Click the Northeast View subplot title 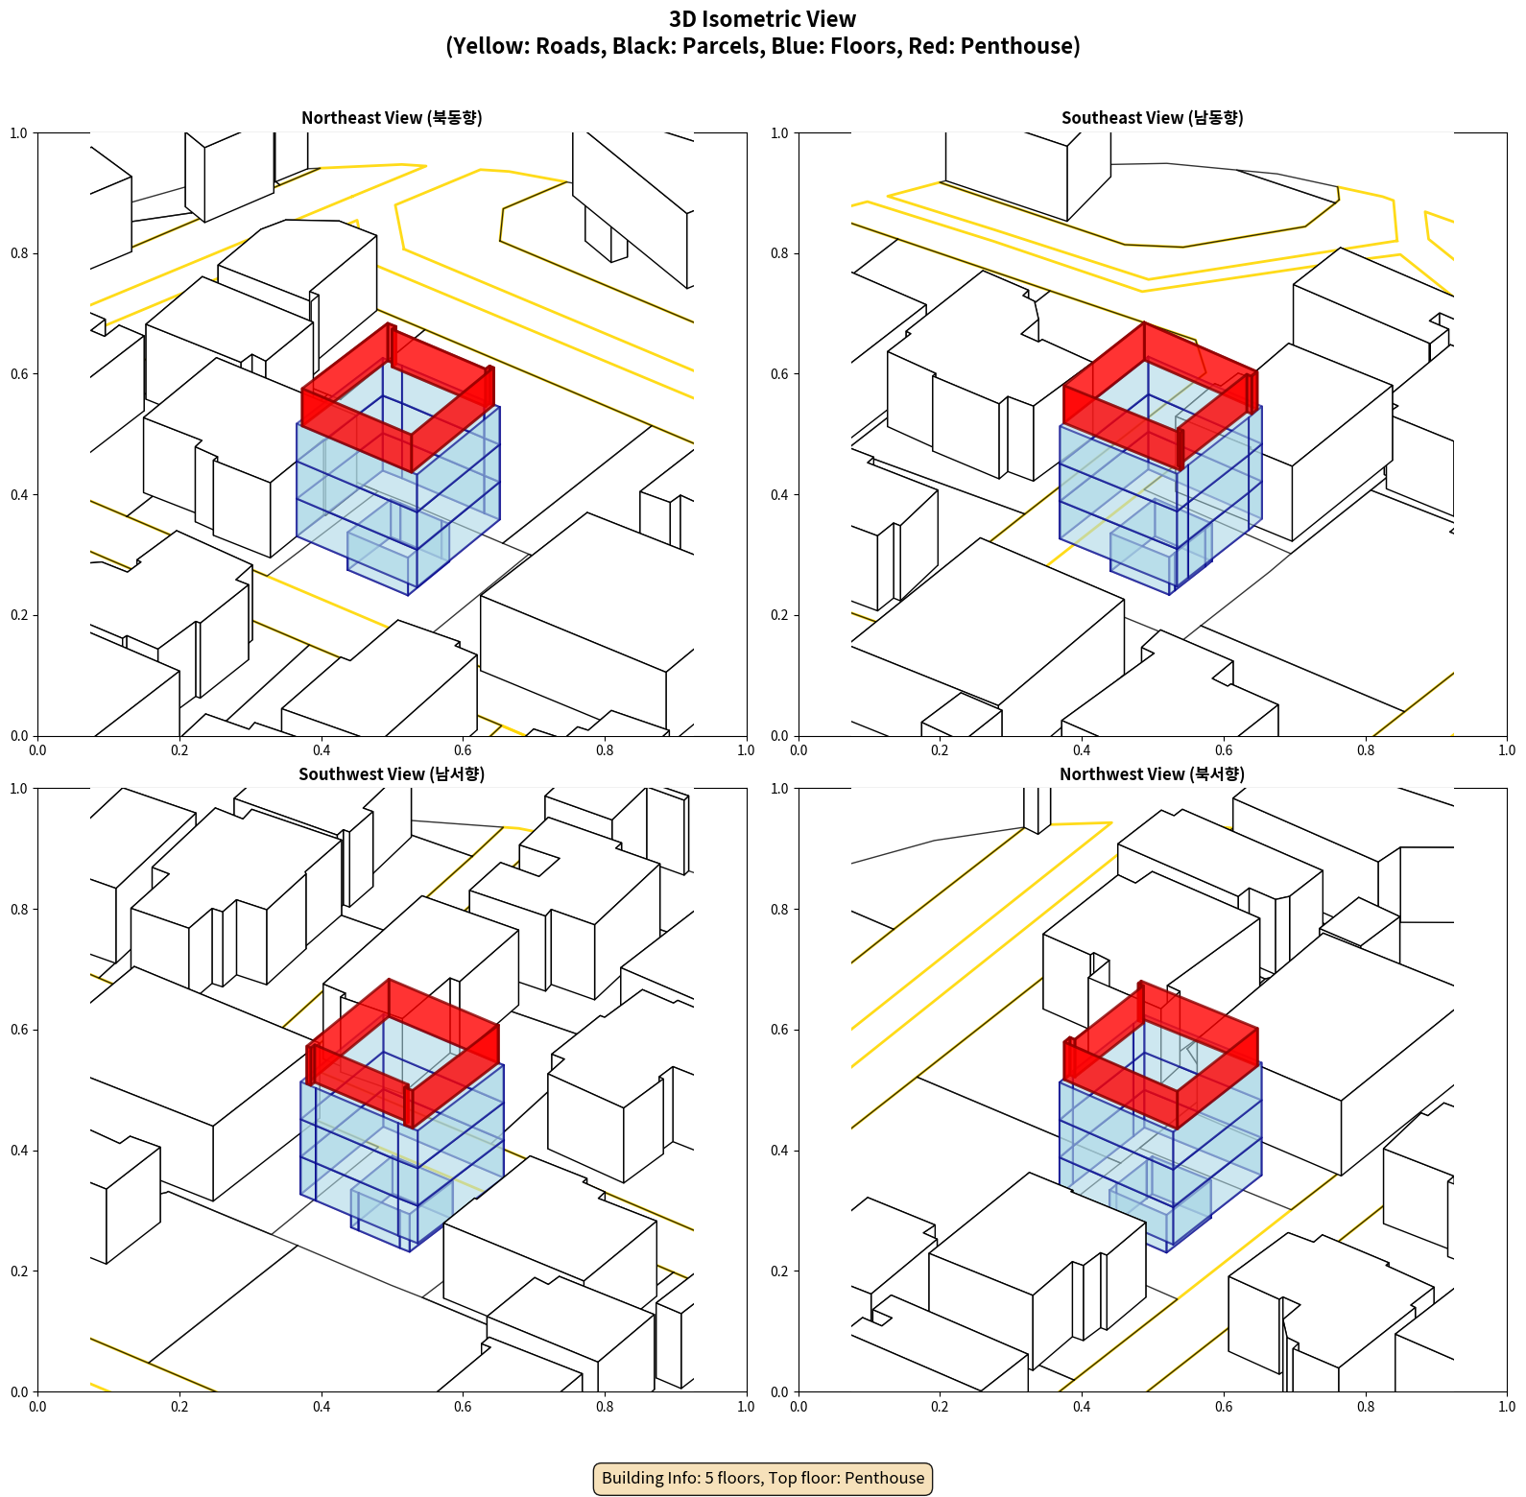pyautogui.click(x=392, y=118)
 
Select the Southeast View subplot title pyautogui.click(x=1152, y=118)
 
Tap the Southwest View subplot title pyautogui.click(x=392, y=774)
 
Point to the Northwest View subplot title pyautogui.click(x=1152, y=774)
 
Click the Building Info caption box pyautogui.click(x=763, y=1478)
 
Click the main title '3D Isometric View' pyautogui.click(x=763, y=19)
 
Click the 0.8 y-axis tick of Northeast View pyautogui.click(x=18, y=253)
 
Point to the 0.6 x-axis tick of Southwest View pyautogui.click(x=463, y=1407)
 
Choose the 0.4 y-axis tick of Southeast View pyautogui.click(x=779, y=495)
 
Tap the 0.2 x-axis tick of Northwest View pyautogui.click(x=940, y=1407)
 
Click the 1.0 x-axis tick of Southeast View pyautogui.click(x=1507, y=750)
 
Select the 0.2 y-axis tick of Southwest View pyautogui.click(x=18, y=1271)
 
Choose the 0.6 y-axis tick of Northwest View pyautogui.click(x=779, y=1030)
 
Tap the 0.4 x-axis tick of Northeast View pyautogui.click(x=322, y=750)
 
